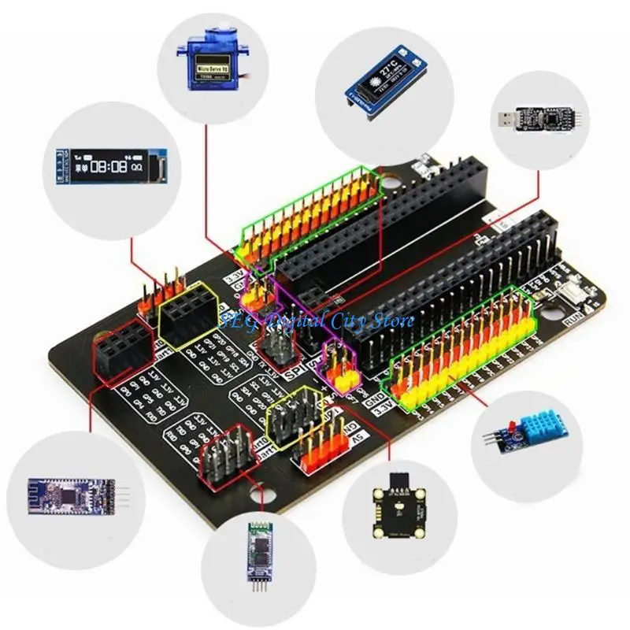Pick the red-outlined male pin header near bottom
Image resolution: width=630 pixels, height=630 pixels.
click(228, 455)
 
